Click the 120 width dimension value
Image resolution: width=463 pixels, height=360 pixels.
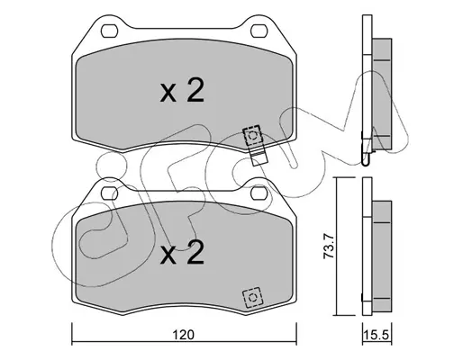[184, 335]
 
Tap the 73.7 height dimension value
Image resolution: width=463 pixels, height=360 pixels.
[328, 247]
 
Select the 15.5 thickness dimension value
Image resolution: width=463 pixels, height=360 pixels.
[377, 335]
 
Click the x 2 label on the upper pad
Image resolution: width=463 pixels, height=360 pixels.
[182, 90]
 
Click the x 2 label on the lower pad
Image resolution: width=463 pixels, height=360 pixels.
[182, 252]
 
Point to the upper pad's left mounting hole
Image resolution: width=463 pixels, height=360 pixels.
[109, 31]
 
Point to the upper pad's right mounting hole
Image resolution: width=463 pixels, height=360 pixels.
[259, 31]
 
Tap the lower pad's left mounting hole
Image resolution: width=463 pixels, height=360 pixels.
[109, 193]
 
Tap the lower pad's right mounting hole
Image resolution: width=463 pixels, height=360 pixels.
[259, 193]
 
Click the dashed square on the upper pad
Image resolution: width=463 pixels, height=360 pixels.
[252, 136]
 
